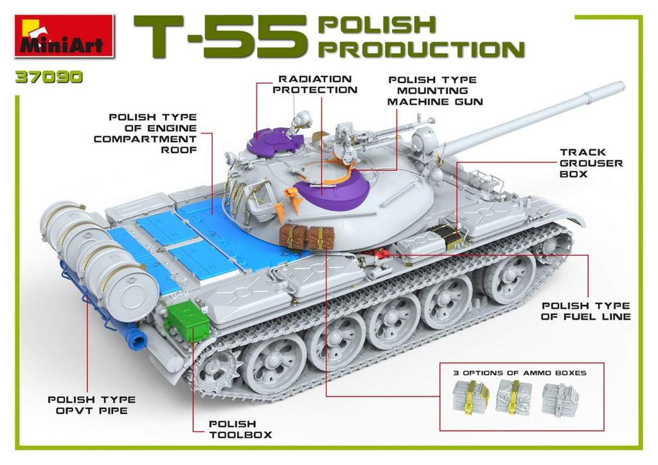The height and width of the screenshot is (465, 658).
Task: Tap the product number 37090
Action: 50,77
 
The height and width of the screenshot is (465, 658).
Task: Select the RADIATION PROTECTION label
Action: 315,84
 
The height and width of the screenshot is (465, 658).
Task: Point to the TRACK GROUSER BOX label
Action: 591,163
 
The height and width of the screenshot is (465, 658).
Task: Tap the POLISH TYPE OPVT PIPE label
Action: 88,405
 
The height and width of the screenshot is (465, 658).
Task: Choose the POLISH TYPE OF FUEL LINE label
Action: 585,311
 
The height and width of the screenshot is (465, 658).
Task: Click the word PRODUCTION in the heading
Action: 421,49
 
